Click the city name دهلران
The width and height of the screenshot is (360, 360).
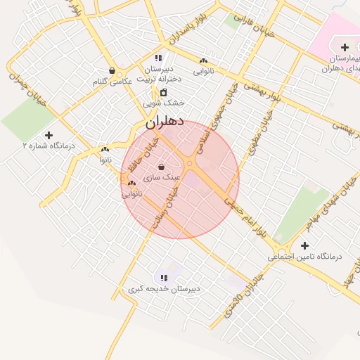coord(165,122)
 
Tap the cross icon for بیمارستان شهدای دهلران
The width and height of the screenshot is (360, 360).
coord(344,46)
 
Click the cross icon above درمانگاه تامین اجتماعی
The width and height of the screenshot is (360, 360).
coord(304,245)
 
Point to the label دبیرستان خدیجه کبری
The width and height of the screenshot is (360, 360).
coord(165,289)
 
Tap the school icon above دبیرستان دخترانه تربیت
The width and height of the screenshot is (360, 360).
coord(159,58)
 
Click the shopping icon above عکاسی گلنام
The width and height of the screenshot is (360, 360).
coord(112,70)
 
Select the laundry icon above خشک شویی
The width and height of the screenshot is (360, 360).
coord(164,92)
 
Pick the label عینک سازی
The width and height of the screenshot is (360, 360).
coord(162,178)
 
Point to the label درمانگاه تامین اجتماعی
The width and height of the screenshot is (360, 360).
coord(304,257)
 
